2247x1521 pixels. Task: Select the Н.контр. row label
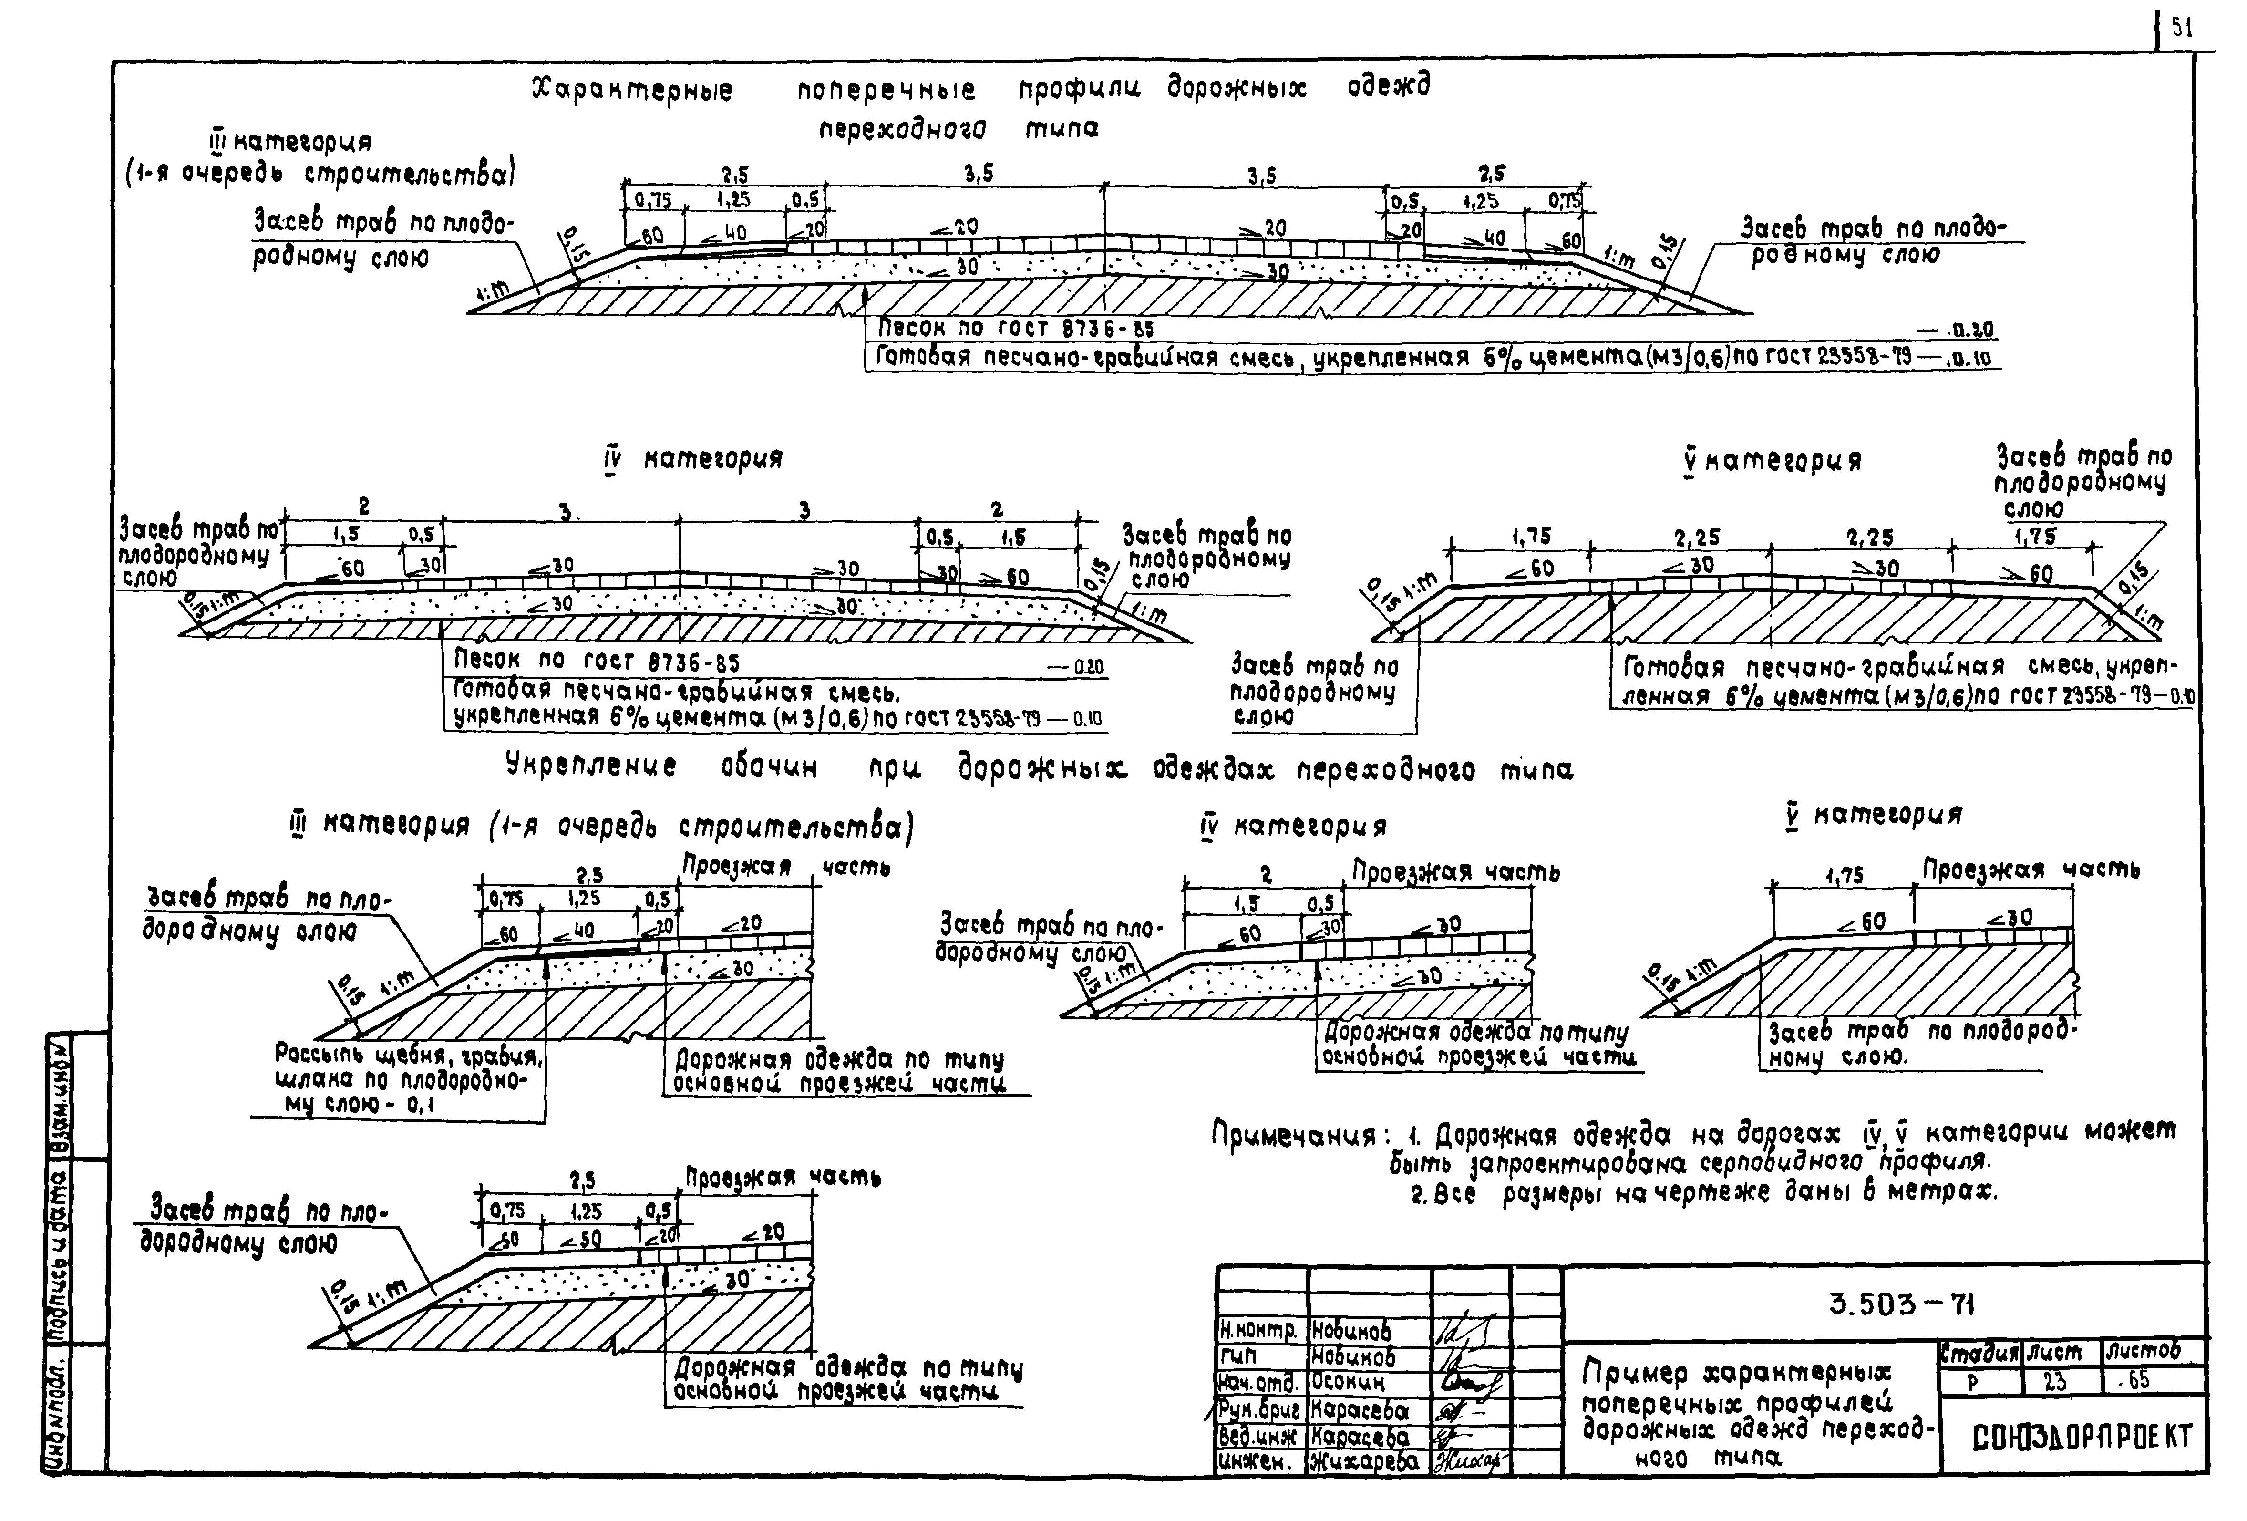click(1259, 1332)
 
